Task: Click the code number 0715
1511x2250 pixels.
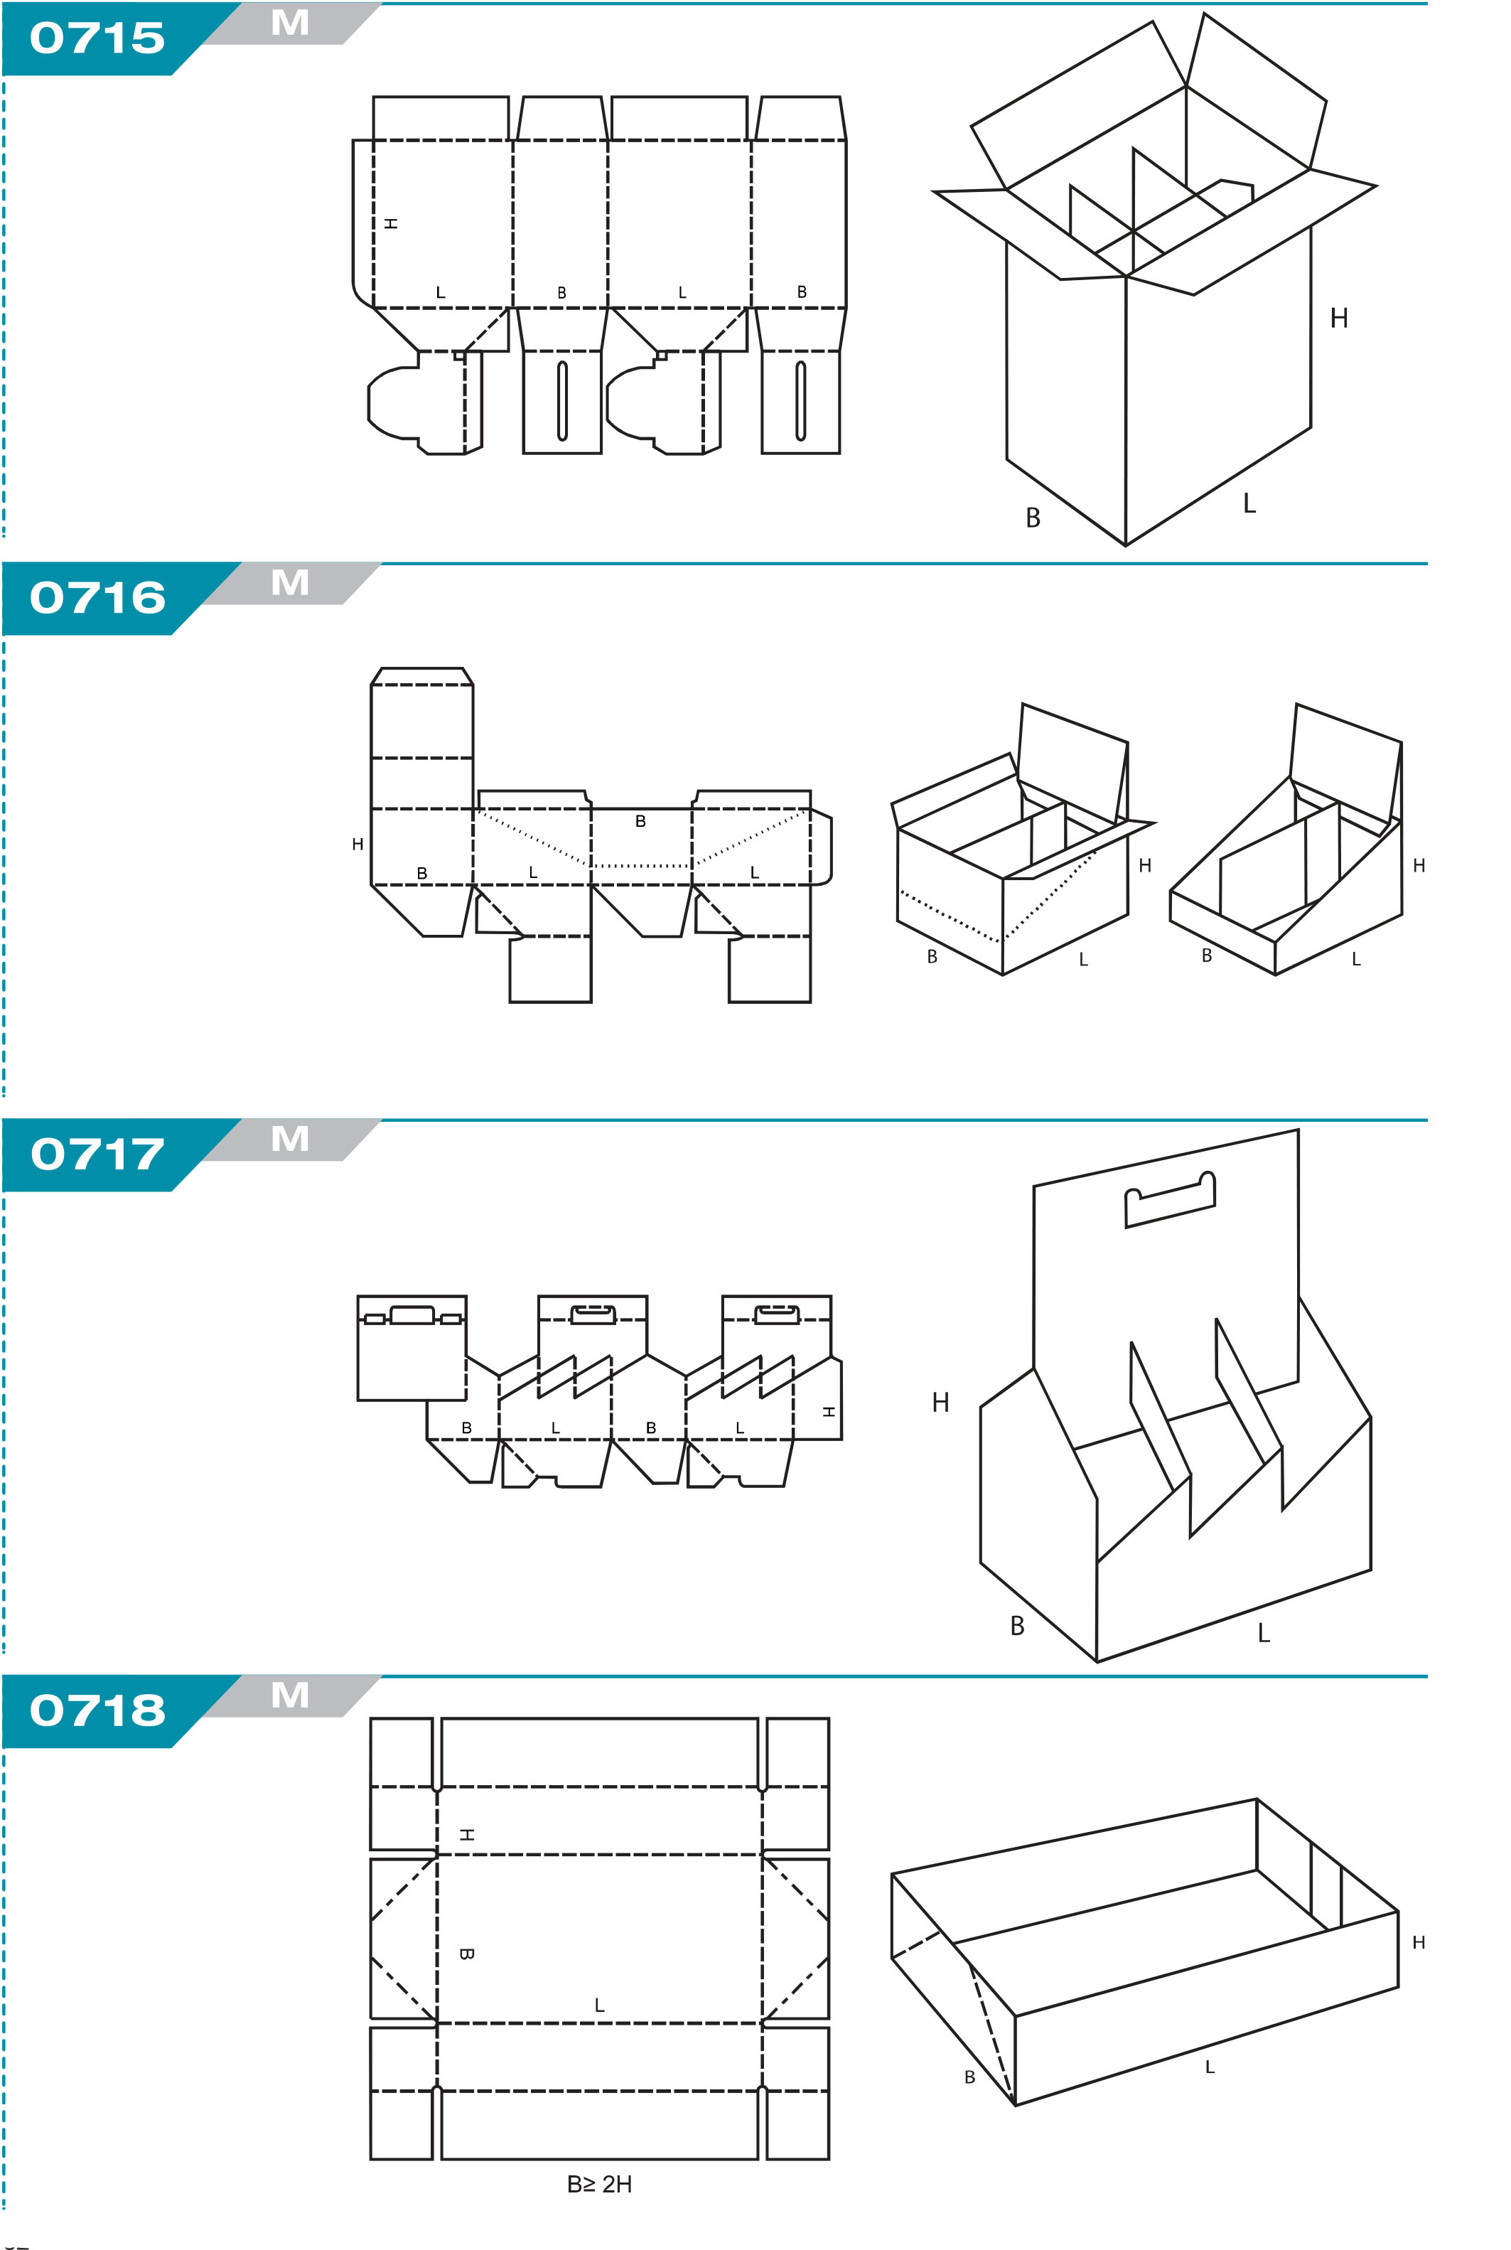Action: [x=97, y=38]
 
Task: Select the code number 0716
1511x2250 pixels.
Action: [x=97, y=599]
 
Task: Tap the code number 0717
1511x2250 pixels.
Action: [x=97, y=1155]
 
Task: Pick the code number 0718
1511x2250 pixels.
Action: [x=97, y=1710]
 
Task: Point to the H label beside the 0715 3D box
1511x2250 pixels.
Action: [x=1338, y=318]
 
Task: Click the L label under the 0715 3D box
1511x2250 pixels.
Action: [x=1250, y=503]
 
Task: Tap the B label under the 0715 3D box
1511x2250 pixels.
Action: [x=1033, y=518]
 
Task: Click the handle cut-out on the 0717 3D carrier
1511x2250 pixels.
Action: [x=1170, y=1199]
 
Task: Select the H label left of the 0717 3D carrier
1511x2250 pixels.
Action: [x=940, y=1402]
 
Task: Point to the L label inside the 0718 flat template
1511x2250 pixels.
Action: [x=599, y=2005]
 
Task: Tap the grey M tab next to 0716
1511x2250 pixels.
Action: [x=290, y=583]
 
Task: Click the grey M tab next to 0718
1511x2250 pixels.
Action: [x=290, y=1695]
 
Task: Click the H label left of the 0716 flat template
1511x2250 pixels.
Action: [x=357, y=844]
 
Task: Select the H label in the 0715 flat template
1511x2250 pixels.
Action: [x=390, y=223]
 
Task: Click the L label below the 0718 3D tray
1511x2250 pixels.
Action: [x=1210, y=2067]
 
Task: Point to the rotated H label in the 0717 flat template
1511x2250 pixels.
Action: [x=828, y=1412]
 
